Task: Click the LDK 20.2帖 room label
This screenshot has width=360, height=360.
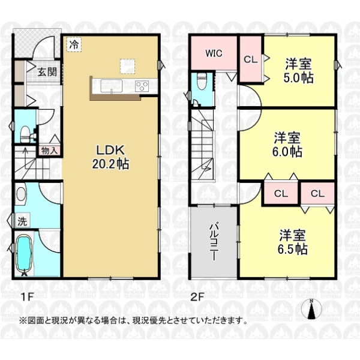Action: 110,157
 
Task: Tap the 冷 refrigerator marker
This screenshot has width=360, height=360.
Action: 74,45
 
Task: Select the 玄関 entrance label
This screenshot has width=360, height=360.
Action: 47,72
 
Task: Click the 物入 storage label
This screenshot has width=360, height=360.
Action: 49,151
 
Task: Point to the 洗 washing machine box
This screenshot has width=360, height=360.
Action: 22,221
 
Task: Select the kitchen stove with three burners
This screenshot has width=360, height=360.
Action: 142,86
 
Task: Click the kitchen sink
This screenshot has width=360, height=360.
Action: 112,86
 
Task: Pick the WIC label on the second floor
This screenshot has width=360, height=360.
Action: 214,53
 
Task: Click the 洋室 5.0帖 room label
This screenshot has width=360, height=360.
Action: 298,70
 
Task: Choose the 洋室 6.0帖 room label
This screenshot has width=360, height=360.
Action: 287,144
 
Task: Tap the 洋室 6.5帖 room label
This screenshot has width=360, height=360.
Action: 293,242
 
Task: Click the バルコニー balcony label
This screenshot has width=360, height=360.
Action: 214,241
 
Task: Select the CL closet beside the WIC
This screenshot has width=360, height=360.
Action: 250,59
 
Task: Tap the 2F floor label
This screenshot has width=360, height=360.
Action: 197,298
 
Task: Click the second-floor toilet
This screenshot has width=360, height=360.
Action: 202,82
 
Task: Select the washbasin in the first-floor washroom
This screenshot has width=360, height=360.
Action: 21,194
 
